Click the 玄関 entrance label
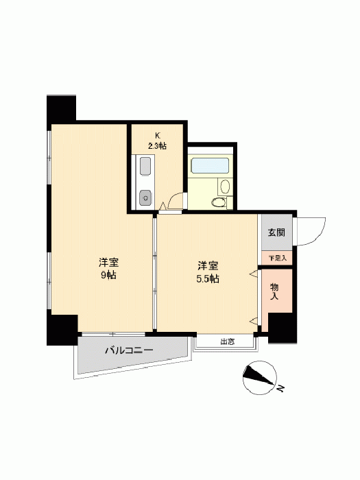pos(276,232)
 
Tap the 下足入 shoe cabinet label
pos(278,258)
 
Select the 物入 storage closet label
pos(274,291)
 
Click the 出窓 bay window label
pos(228,341)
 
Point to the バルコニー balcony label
pos(129,350)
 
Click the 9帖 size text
pos(108,275)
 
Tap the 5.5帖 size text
pos(208,279)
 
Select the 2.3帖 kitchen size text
pos(157,146)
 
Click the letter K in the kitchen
pos(158,136)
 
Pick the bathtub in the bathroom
pos(210,166)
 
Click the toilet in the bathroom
pos(218,202)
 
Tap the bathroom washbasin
pos(226,187)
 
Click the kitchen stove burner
pos(145,197)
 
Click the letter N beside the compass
pos(280,389)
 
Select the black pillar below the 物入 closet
pos(282,328)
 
